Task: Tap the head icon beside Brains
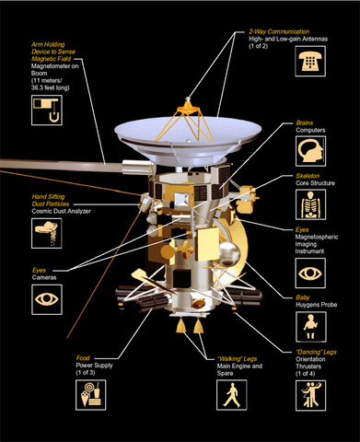click(311, 151)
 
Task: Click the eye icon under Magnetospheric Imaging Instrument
click(311, 273)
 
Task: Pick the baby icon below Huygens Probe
click(311, 329)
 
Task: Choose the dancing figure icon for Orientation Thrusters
click(311, 395)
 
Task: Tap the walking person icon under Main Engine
click(227, 395)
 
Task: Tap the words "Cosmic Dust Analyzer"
click(42, 211)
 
